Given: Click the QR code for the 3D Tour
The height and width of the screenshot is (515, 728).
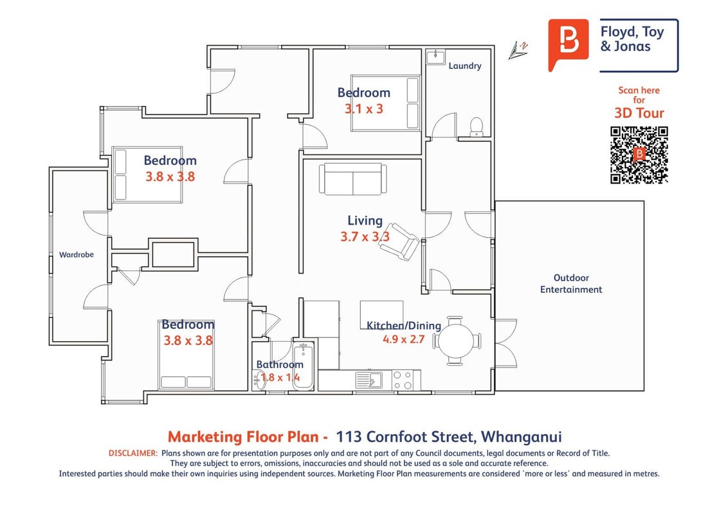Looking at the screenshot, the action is [639, 155].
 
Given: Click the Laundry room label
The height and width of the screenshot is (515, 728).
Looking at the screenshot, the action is [465, 66].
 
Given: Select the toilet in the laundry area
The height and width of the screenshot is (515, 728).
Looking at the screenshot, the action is [477, 127].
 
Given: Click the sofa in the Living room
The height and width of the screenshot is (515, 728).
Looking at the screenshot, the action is [353, 178].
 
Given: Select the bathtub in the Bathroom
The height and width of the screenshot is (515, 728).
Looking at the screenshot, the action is [304, 366].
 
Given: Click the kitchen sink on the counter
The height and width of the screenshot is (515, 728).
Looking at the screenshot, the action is [369, 380].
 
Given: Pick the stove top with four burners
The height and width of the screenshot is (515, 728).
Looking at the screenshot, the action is [403, 380].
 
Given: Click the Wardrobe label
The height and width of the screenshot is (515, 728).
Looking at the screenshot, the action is [77, 255].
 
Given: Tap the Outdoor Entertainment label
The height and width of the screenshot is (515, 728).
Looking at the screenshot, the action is [571, 283].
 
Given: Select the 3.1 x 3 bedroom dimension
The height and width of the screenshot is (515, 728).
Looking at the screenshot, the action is [363, 109].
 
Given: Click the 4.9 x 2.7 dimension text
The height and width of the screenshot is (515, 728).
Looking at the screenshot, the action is [403, 339].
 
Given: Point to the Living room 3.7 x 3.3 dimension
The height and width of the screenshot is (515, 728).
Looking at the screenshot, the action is [365, 237].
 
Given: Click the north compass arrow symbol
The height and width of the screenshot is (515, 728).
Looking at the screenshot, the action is [518, 50].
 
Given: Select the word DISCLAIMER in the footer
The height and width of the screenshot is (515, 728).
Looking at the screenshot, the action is [133, 453].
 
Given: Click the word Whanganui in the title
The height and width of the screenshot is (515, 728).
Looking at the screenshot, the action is [522, 437].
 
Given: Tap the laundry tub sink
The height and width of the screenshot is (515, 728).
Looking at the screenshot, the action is [435, 56].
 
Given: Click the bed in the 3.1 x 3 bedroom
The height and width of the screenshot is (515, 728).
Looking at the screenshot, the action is [385, 103].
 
